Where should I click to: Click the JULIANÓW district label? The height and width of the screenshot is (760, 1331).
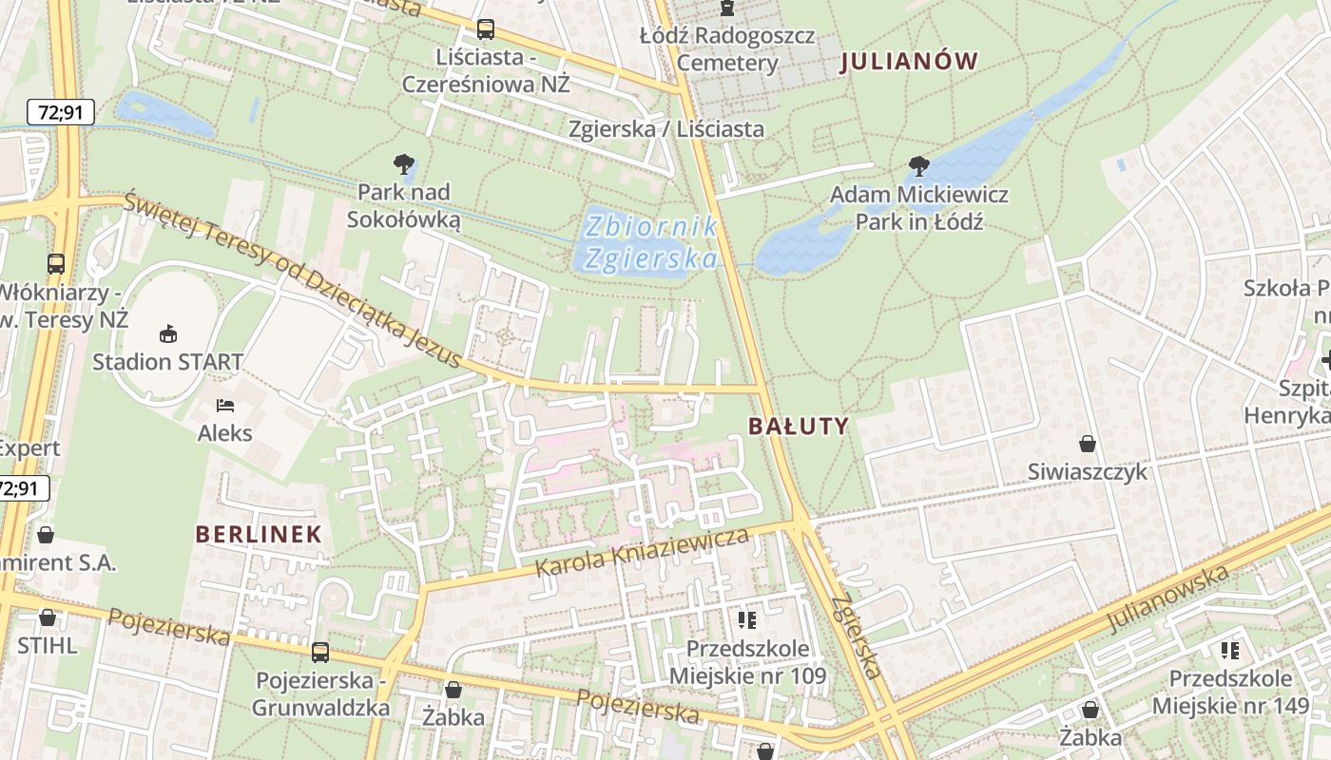[909, 62]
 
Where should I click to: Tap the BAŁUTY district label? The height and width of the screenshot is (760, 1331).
[798, 426]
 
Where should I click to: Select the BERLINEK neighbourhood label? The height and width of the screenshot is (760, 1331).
[259, 534]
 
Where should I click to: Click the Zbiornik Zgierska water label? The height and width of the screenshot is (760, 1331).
[650, 242]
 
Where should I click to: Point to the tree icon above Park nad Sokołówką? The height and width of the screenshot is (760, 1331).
[404, 164]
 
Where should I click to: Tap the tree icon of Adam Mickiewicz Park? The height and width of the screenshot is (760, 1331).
[918, 166]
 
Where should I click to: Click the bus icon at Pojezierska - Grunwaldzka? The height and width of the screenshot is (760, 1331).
[320, 653]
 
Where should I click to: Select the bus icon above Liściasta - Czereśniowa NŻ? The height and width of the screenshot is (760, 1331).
[486, 29]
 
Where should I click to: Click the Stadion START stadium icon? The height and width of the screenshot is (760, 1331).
[168, 333]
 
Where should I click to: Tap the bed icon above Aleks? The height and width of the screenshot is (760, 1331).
[225, 406]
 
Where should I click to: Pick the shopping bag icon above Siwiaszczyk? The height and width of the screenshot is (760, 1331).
[1088, 444]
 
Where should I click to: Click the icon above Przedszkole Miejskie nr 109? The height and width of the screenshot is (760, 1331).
[747, 620]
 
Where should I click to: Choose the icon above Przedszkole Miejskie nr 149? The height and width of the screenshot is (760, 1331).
[1230, 651]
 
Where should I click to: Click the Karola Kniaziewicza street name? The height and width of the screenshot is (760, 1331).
[642, 553]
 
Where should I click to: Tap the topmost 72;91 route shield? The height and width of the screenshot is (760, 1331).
[61, 112]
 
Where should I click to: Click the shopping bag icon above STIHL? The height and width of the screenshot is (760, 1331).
[47, 617]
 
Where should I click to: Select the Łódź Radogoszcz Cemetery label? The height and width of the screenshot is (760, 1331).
[727, 49]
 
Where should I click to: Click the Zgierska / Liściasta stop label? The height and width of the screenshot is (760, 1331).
[665, 128]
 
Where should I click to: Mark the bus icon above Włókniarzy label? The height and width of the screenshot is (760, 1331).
[56, 264]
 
